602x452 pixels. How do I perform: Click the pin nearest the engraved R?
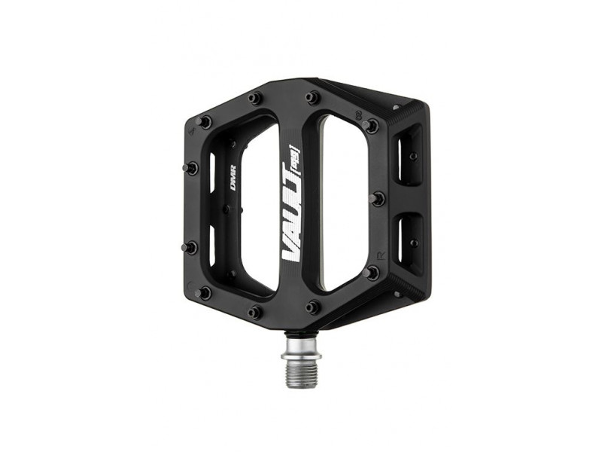tap(372, 273)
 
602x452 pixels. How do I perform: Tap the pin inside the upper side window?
tap(412, 157)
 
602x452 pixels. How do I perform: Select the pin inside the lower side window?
tap(413, 243)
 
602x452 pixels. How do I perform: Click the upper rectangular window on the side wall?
tap(408, 154)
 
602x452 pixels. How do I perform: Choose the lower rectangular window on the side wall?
tap(409, 237)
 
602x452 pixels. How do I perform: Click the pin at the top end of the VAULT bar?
tap(312, 98)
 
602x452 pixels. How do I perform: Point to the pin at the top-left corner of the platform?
tap(202, 121)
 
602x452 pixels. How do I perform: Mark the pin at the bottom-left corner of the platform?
tap(202, 293)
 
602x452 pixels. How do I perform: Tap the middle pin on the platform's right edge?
tap(379, 199)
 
